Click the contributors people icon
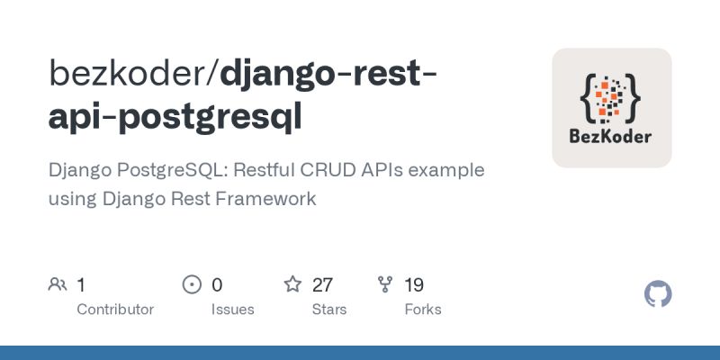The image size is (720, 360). [x=58, y=285]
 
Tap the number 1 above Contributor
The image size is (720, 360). [x=81, y=285]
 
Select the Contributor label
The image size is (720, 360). [x=115, y=309]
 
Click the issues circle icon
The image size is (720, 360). [x=192, y=285]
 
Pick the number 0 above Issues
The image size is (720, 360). [x=217, y=285]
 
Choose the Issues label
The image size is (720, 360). [x=232, y=309]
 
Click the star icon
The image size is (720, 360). [x=292, y=285]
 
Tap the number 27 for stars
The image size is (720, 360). [x=322, y=285]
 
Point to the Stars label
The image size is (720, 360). [x=330, y=309]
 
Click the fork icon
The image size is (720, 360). [x=385, y=285]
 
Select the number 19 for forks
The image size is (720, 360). [x=414, y=285]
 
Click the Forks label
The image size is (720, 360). [x=422, y=309]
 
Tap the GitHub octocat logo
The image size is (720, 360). [x=659, y=294]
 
